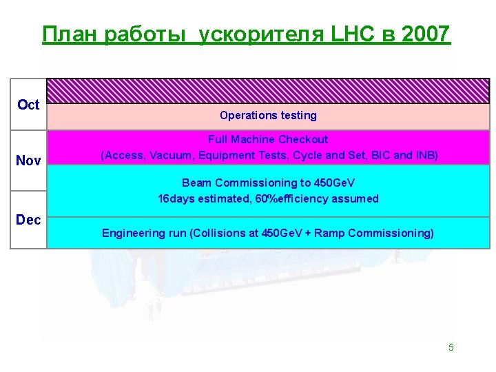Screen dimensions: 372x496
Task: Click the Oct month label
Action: click(28, 105)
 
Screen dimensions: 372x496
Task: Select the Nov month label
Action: click(28, 161)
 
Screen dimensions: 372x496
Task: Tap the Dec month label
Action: click(28, 220)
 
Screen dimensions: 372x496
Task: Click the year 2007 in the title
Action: click(424, 33)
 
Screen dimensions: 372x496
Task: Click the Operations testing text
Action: click(268, 115)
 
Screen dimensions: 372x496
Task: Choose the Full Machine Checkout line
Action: click(268, 139)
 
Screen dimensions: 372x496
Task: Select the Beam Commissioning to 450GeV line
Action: click(268, 183)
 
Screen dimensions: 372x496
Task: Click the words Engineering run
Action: click(144, 233)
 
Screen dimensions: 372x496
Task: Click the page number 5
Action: click(451, 347)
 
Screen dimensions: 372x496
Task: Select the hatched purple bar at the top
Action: click(268, 92)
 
